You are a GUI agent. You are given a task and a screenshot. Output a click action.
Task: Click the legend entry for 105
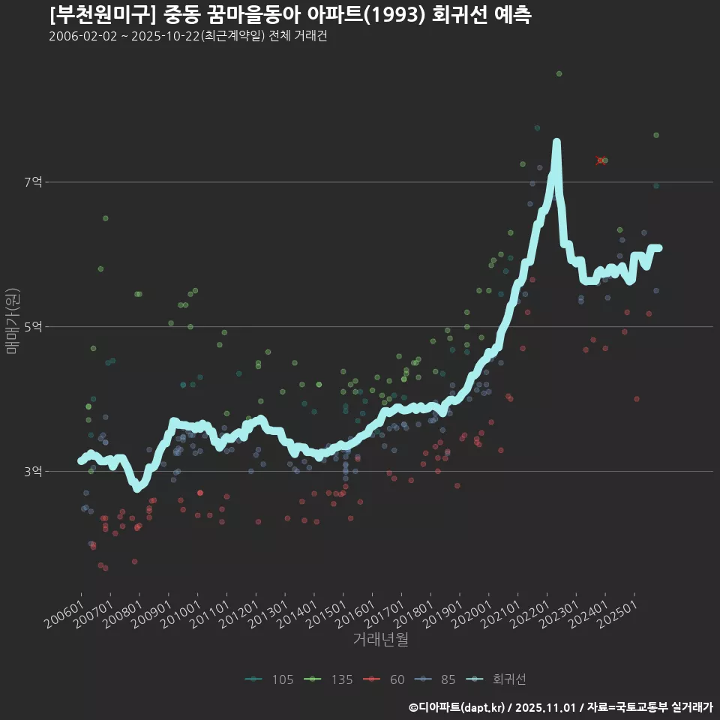point(269,679)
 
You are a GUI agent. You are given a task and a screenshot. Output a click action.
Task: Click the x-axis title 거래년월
point(380,640)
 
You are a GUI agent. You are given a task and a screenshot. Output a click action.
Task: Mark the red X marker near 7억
point(600,160)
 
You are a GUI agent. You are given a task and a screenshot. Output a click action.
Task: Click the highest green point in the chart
point(559,73)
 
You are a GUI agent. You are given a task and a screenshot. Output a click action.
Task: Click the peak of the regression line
point(556,142)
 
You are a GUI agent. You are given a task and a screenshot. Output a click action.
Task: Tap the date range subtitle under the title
point(187,37)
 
